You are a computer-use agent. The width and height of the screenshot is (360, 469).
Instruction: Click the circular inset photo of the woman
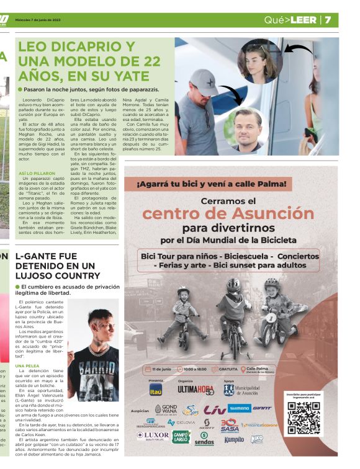point(260,61)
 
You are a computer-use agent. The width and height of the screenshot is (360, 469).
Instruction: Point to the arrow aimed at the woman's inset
point(298,49)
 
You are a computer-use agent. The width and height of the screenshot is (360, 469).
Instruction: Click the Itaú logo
point(156,390)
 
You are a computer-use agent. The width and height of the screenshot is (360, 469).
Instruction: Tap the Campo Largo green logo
point(181,437)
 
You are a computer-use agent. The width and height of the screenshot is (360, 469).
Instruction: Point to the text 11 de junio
point(161,368)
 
